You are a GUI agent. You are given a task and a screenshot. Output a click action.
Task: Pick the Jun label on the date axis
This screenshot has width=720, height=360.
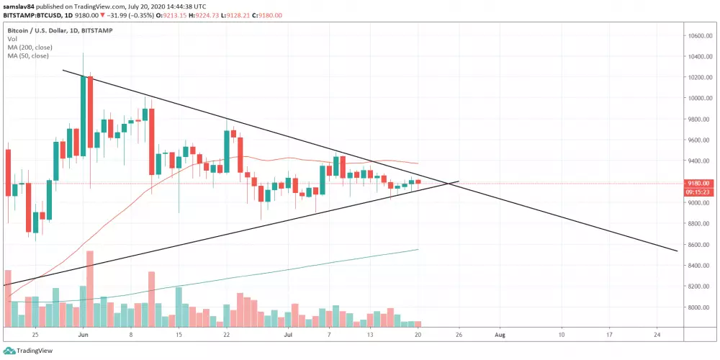[83, 335]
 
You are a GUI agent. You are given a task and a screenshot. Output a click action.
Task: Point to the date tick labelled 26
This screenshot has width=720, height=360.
[459, 335]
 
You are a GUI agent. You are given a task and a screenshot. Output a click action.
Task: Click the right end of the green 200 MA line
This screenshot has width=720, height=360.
[419, 249]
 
